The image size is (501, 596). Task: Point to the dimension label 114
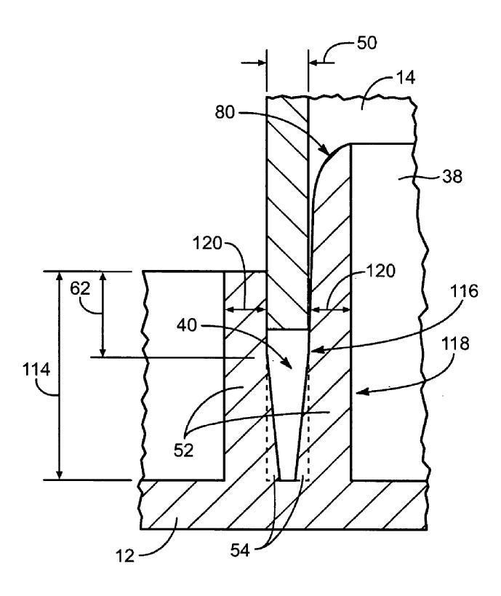36,370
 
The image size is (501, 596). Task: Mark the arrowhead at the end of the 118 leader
357,393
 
